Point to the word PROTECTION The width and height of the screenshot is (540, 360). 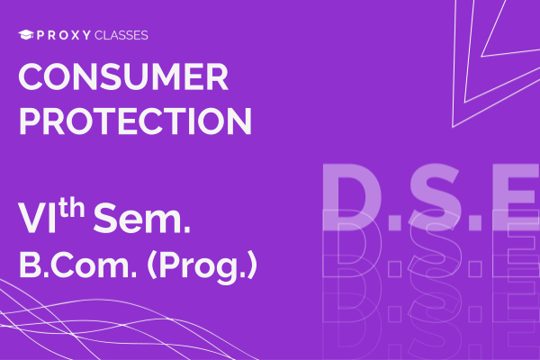[x=134, y=121]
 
